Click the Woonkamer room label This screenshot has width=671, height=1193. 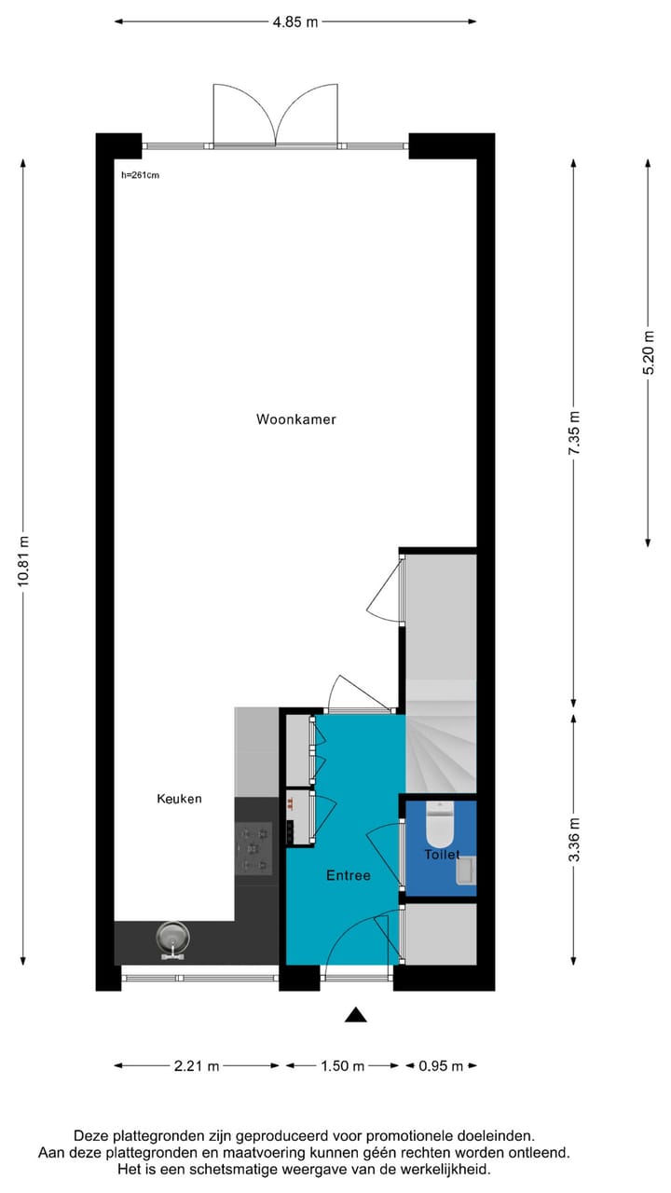click(x=295, y=419)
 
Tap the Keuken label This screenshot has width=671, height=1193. click(x=179, y=799)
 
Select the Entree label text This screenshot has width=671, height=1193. click(x=348, y=875)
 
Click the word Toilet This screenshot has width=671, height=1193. click(x=442, y=854)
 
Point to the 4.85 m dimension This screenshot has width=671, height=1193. click(x=295, y=21)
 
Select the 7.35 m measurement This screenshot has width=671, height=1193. click(x=574, y=433)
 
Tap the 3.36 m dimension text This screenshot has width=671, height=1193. click(x=574, y=840)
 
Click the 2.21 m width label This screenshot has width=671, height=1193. click(x=196, y=1066)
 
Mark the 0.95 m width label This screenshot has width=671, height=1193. click(x=440, y=1066)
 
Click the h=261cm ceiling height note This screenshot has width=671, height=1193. click(x=140, y=174)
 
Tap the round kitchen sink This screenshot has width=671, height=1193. click(x=171, y=938)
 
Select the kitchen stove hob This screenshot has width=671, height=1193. click(x=253, y=849)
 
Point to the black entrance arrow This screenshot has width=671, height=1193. click(x=355, y=1015)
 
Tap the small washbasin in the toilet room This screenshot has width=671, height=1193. click(x=466, y=871)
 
